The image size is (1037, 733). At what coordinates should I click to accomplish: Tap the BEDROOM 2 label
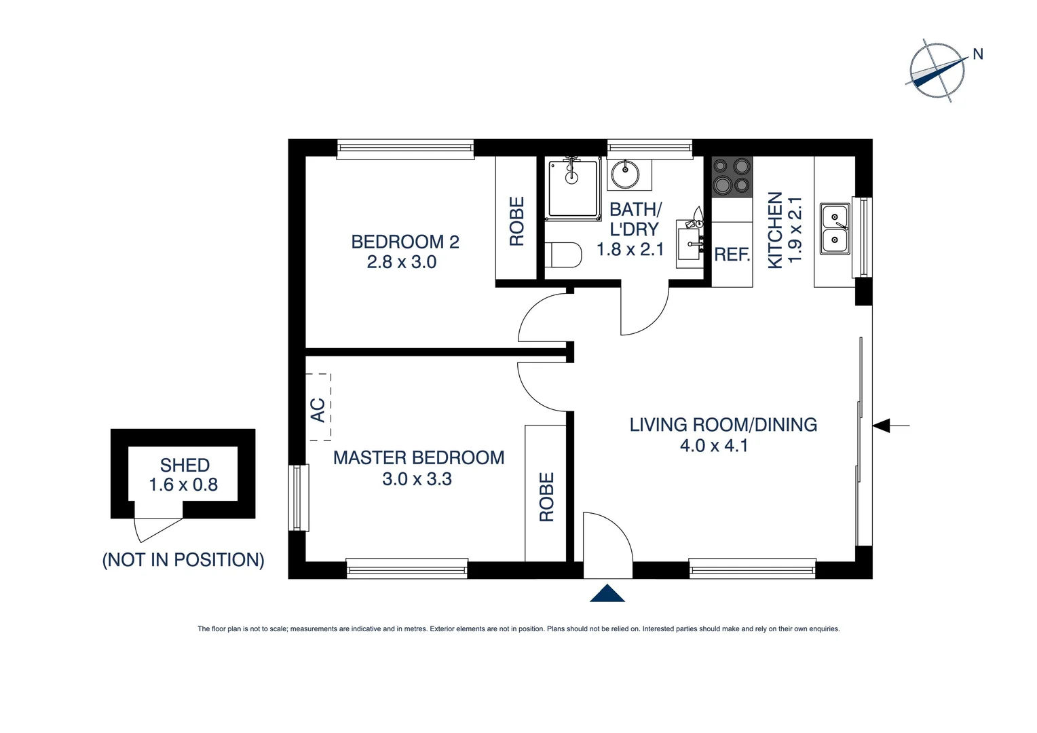[x=405, y=242]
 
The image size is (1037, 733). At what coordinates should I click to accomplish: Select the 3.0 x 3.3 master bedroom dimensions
[x=417, y=479]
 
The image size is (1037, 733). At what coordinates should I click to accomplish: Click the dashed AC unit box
[x=318, y=408]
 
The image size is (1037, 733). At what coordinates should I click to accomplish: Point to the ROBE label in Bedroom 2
[x=516, y=221]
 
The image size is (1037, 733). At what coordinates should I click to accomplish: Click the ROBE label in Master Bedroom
[x=546, y=497]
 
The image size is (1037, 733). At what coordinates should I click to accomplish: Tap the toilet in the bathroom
[x=563, y=255]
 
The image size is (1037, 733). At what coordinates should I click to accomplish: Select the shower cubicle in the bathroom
[x=573, y=188]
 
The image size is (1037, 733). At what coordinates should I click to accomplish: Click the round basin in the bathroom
[x=625, y=174]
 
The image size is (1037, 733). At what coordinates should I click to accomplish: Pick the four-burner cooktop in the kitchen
[x=732, y=176]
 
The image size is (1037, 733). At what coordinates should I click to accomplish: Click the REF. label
[x=732, y=255]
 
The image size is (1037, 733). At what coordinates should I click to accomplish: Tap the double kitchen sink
[x=835, y=229]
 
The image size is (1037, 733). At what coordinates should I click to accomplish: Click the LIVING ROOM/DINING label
[x=723, y=425]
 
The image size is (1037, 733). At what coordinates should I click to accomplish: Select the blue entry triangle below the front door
[x=607, y=593]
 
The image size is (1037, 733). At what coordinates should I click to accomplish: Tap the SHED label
[x=185, y=465]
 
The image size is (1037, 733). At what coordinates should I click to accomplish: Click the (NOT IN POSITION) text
[x=183, y=560]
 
